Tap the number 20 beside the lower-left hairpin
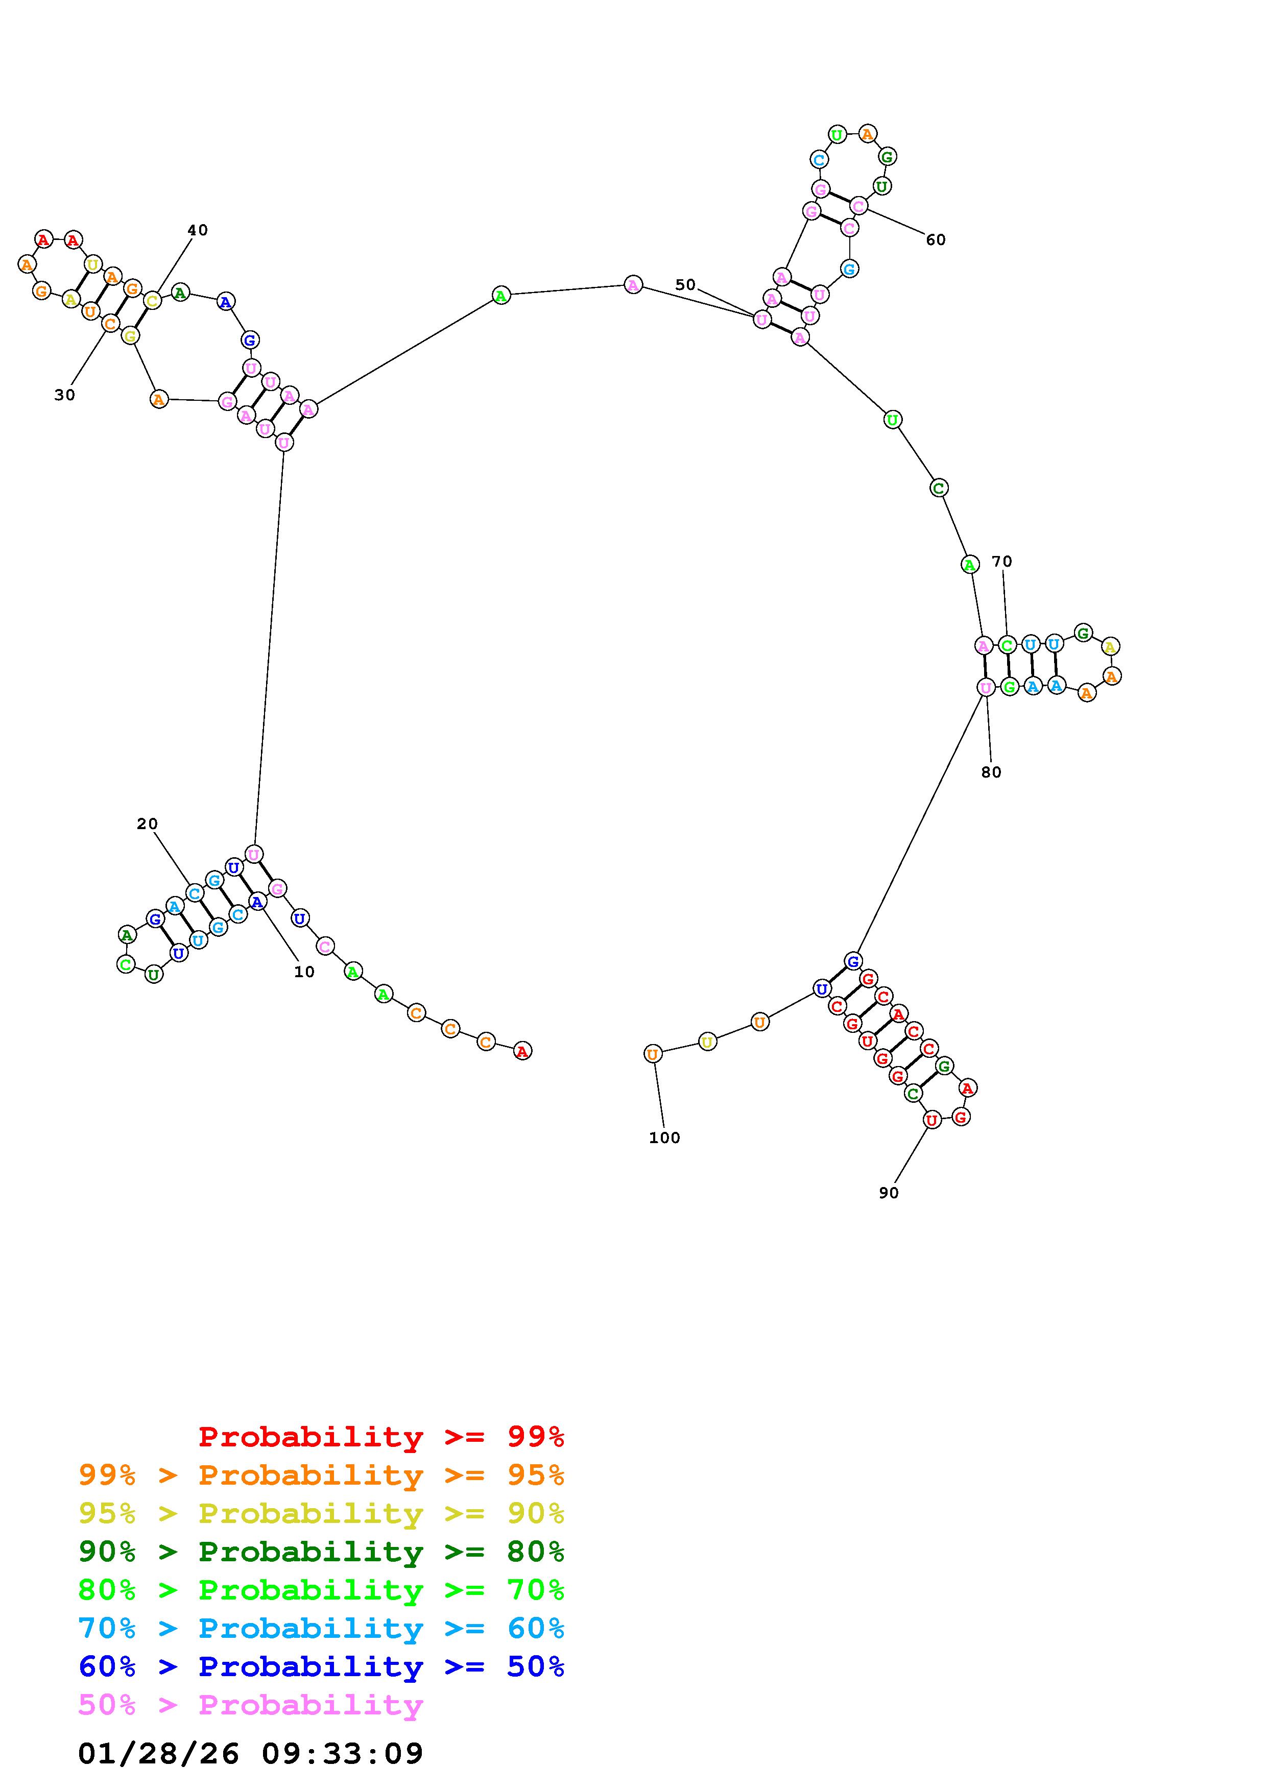[147, 824]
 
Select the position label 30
[65, 396]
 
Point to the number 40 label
[197, 230]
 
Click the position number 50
[685, 285]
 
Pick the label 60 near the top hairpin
[935, 240]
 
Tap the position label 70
[1001, 562]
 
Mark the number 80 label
[991, 772]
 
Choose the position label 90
[889, 1193]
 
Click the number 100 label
[664, 1138]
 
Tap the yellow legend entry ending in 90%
[321, 1513]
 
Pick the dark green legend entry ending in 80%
[321, 1552]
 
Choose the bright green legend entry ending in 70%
[321, 1590]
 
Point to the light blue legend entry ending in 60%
[321, 1628]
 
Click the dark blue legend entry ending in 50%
[321, 1666]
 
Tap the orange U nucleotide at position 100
[653, 1055]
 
